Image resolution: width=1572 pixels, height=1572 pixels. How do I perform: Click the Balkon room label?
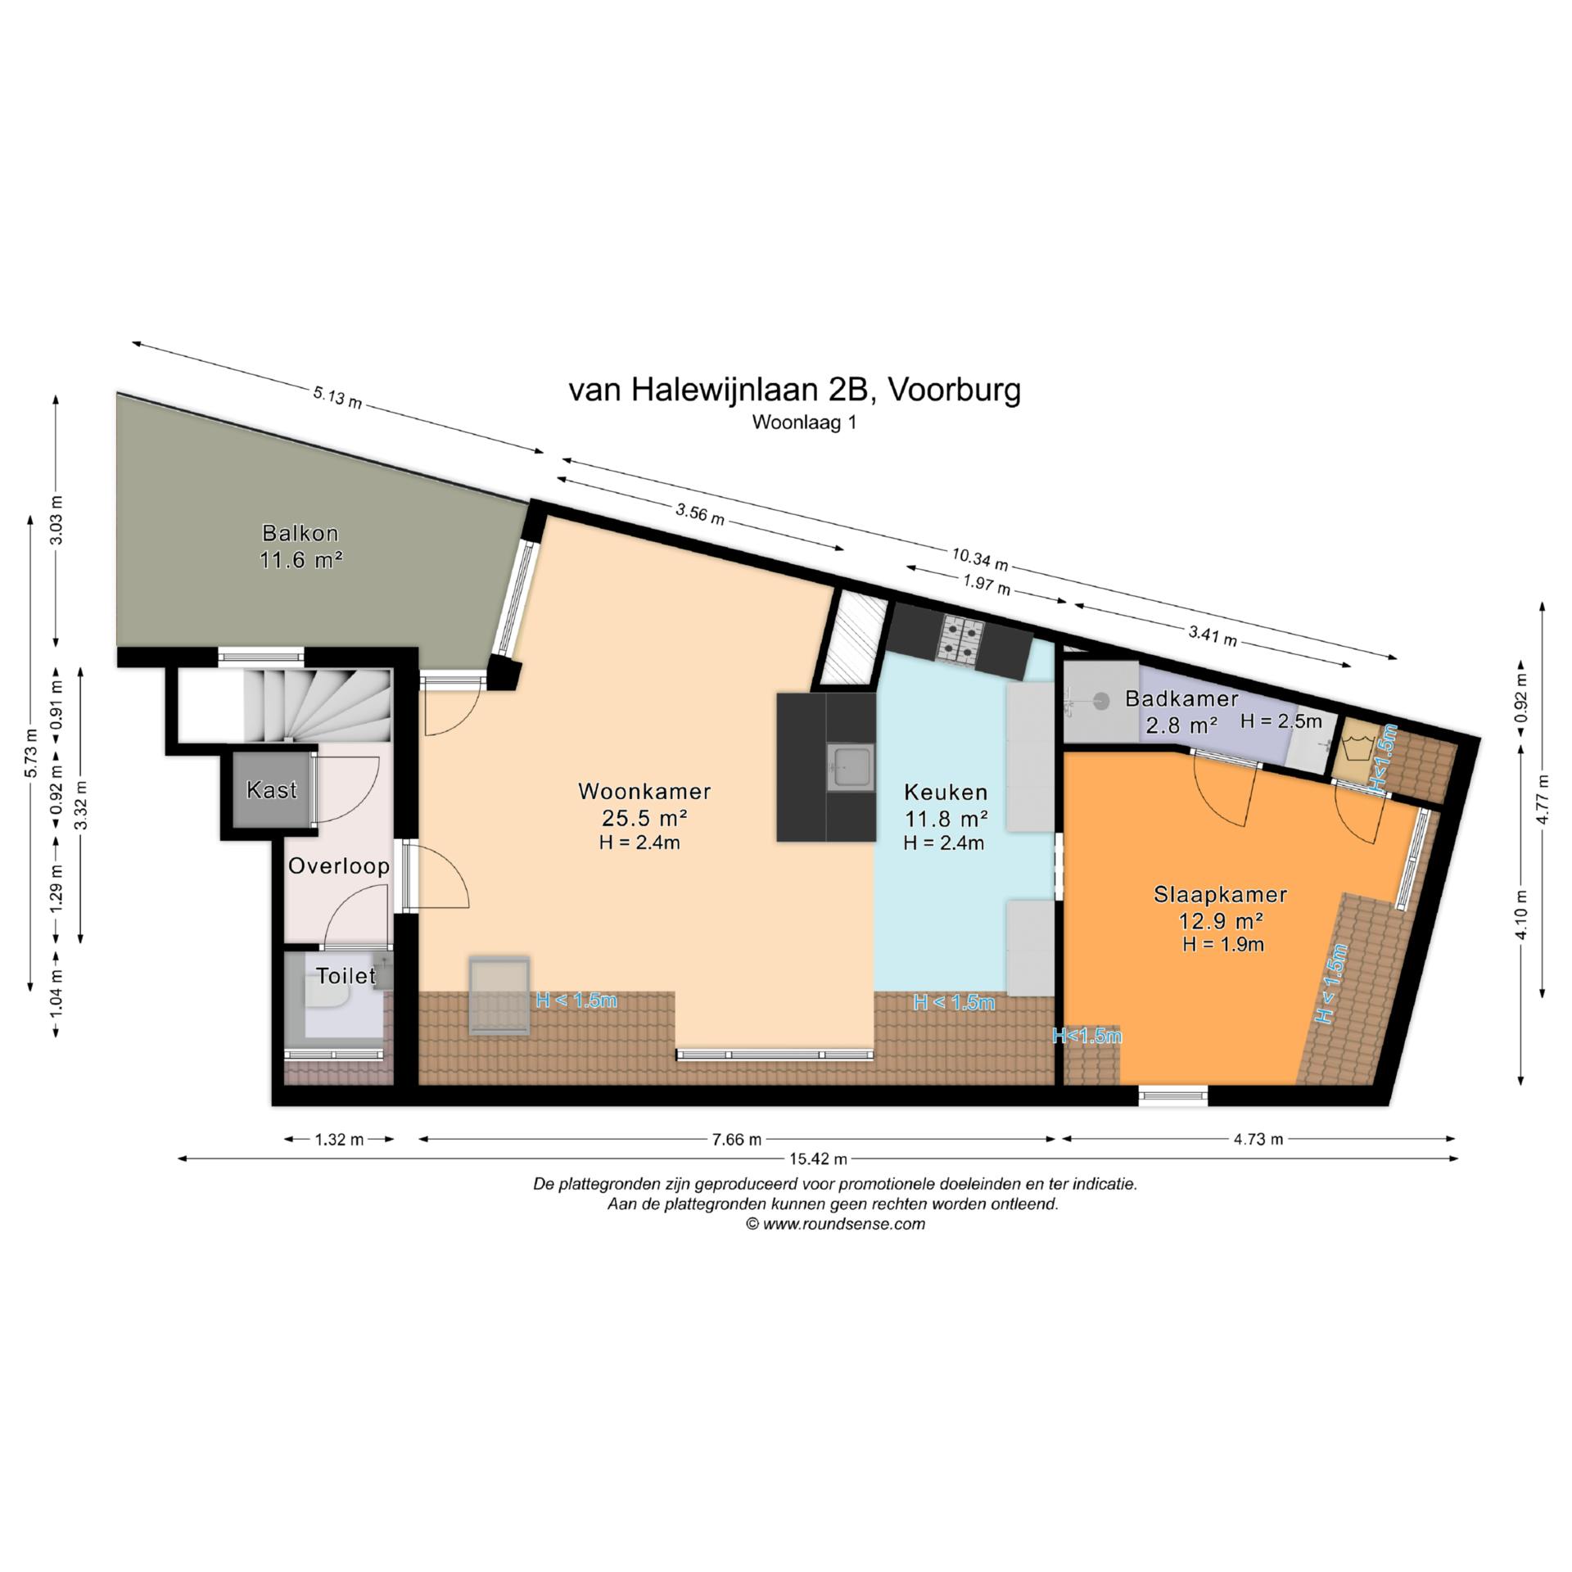point(300,533)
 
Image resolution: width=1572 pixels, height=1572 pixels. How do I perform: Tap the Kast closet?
point(272,790)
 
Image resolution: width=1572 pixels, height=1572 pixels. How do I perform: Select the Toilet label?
point(346,975)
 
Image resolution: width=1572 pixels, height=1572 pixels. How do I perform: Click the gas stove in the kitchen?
point(961,639)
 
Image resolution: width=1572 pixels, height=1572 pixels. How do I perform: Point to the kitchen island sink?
point(850,767)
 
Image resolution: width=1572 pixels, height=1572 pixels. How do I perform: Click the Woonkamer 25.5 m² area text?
point(644,817)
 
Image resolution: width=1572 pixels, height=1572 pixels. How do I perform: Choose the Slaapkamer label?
point(1220,895)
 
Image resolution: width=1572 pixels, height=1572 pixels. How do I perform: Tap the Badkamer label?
point(1181,698)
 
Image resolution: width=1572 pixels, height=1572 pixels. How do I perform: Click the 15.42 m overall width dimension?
point(818,1159)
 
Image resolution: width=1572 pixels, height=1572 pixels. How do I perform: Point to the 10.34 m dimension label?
point(979,559)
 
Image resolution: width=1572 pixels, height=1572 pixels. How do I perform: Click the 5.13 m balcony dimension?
point(337,398)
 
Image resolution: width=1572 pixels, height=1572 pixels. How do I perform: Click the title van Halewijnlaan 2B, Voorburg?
point(794,391)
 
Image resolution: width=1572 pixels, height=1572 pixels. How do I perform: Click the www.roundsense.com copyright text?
point(835,1223)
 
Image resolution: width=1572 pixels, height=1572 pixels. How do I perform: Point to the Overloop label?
point(338,866)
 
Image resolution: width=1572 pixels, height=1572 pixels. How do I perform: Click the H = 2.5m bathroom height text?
point(1281,720)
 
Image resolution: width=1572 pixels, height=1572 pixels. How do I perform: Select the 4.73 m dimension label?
point(1258,1139)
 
